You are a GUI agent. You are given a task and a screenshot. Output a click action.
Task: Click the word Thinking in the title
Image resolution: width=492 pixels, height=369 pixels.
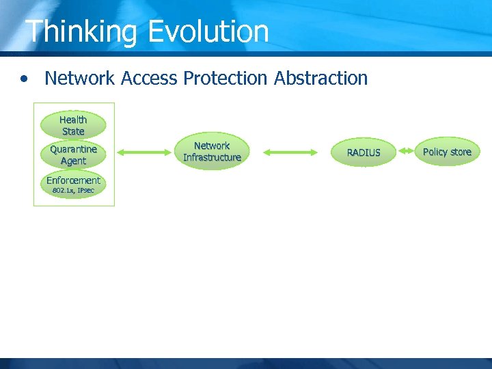click(81, 32)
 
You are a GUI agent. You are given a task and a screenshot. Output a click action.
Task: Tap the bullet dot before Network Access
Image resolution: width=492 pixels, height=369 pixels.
click(25, 79)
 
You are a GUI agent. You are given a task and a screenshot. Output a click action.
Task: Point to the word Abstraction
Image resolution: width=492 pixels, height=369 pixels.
click(320, 79)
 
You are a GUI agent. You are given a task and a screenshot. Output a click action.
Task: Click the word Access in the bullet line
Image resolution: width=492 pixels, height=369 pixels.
click(150, 79)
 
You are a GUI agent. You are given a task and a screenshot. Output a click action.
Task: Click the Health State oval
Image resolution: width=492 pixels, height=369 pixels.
click(73, 125)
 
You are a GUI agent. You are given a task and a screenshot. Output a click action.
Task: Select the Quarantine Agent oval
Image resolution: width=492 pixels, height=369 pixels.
click(73, 155)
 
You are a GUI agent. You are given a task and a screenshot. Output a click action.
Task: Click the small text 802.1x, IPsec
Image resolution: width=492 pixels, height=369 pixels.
click(73, 191)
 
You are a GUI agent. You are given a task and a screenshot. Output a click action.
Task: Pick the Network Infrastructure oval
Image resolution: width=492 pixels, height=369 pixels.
click(212, 152)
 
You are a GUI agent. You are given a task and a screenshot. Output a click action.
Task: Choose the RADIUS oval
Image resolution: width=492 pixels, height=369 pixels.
click(363, 152)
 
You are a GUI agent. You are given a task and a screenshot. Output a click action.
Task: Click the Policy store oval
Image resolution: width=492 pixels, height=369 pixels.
click(447, 152)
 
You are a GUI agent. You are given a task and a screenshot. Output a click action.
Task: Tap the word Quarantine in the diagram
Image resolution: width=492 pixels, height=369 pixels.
click(73, 149)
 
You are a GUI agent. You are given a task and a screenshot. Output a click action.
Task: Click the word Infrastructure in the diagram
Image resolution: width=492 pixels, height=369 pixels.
click(212, 158)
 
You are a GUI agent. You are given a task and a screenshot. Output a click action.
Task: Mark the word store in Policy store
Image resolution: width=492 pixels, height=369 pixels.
click(460, 152)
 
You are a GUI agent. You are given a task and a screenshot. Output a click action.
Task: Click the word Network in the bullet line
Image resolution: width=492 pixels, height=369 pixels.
click(79, 79)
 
